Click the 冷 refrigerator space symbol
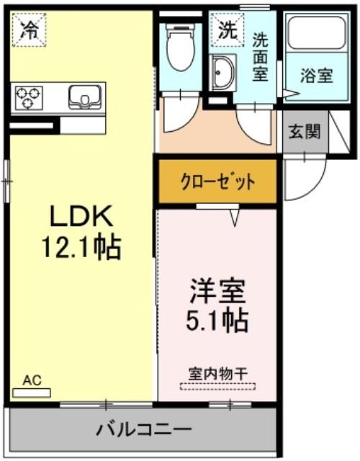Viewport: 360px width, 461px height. coord(30,30)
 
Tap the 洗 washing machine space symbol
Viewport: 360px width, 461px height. coord(228,30)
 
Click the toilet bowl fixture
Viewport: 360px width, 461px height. coord(181,47)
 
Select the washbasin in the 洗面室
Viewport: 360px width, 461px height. coord(223,72)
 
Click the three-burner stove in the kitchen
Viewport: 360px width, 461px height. coord(28,98)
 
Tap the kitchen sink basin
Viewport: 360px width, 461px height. coord(85,97)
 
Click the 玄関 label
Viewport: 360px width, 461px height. coord(305,131)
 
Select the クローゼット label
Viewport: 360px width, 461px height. coord(217,182)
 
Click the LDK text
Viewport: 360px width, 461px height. coord(81,216)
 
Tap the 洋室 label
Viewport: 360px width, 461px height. coord(217,292)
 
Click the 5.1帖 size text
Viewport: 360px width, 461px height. coord(217,320)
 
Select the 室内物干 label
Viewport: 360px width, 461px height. coord(217,374)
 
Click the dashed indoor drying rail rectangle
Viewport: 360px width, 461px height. coord(217,386)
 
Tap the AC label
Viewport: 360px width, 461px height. coord(32,380)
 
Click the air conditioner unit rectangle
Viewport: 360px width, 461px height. coord(32,393)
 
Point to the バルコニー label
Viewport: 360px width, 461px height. coord(144,429)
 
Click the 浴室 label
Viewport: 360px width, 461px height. coord(317,76)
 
